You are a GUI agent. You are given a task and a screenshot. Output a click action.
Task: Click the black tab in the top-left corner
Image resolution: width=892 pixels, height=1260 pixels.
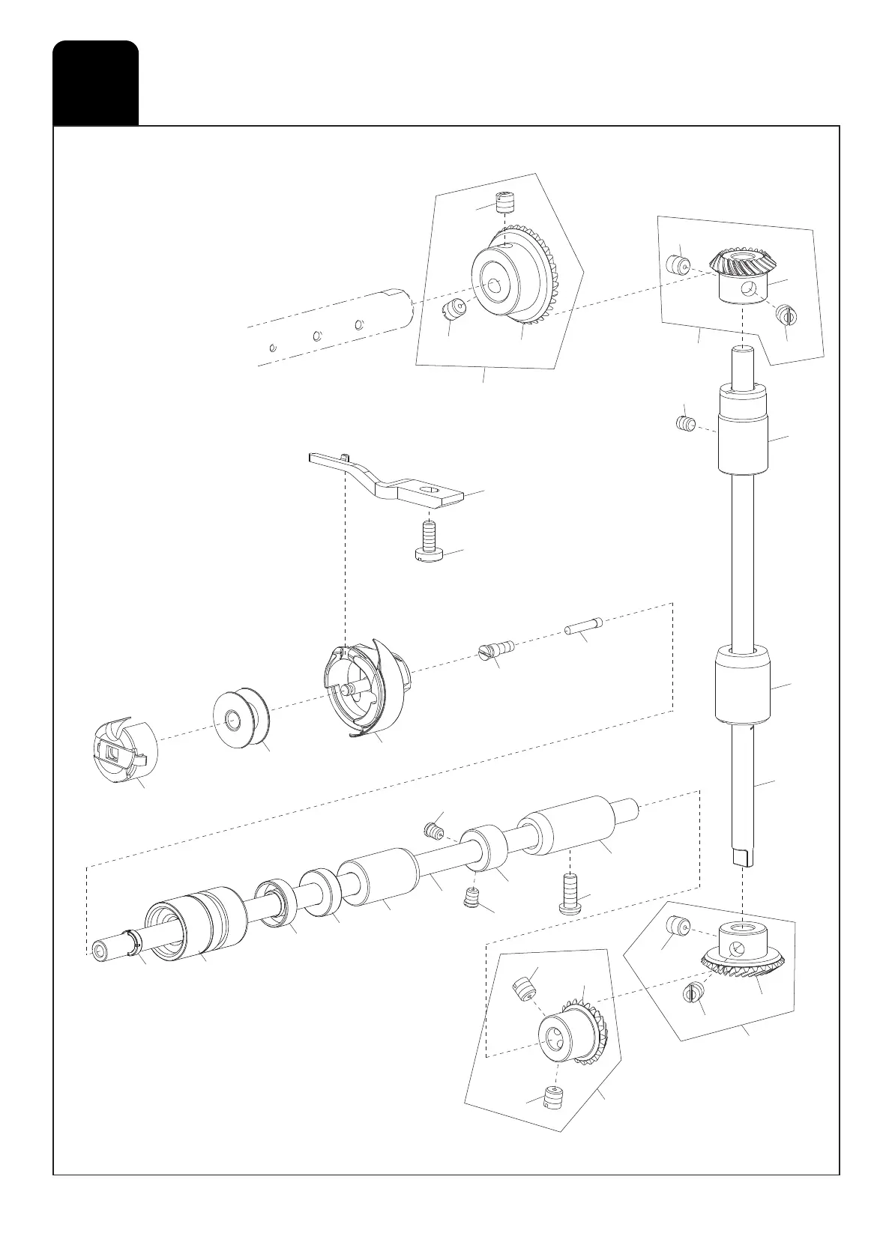pyautogui.click(x=95, y=82)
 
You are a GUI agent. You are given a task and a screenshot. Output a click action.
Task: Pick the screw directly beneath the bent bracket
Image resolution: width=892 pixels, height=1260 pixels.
pyautogui.click(x=429, y=543)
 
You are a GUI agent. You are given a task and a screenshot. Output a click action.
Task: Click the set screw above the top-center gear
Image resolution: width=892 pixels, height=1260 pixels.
pyautogui.click(x=507, y=203)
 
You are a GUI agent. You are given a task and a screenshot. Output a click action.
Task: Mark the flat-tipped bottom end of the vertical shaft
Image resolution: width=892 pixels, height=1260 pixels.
pyautogui.click(x=741, y=855)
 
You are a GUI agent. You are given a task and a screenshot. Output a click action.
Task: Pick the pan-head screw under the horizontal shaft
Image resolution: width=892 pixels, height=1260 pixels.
pyautogui.click(x=570, y=894)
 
